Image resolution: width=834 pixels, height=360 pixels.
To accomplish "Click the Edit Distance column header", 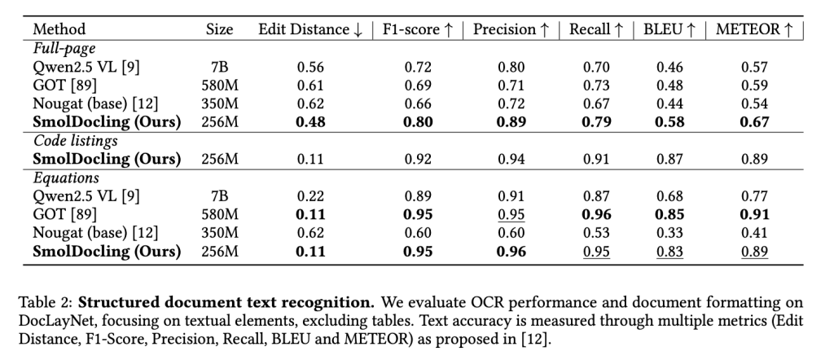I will pyautogui.click(x=310, y=29).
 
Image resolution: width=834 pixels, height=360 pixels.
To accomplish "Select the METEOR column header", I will pyautogui.click(x=754, y=29).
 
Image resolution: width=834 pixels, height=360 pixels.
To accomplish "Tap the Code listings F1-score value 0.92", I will pyautogui.click(x=419, y=159).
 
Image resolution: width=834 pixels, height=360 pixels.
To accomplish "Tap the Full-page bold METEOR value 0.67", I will pyautogui.click(x=754, y=122).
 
